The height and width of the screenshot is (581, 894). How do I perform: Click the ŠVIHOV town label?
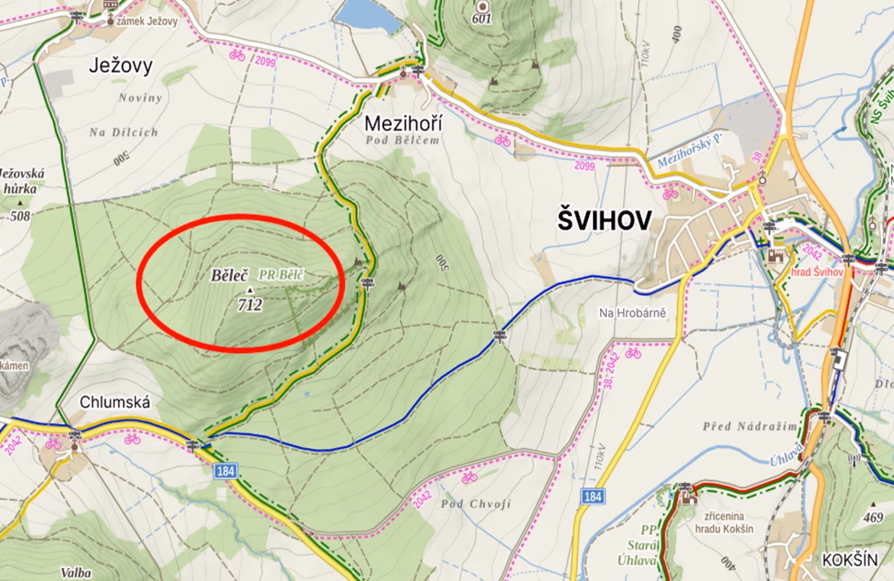(604, 220)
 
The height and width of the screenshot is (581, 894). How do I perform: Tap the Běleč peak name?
(230, 275)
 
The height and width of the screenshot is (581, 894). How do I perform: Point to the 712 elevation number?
(250, 304)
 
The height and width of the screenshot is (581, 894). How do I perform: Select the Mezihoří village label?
(403, 124)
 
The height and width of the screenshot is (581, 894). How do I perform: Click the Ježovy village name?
(120, 66)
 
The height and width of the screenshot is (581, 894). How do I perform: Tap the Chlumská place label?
(115, 402)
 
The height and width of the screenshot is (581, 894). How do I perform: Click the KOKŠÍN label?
(849, 560)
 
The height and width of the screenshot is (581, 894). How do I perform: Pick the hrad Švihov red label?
(816, 272)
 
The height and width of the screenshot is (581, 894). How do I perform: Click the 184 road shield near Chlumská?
(226, 471)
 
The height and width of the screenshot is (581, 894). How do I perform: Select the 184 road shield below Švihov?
(593, 496)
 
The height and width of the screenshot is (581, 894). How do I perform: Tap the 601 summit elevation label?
(481, 18)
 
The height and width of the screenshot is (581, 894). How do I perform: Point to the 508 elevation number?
(20, 216)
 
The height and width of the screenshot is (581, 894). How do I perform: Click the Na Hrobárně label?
(632, 313)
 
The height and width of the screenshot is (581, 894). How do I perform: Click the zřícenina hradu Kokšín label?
(724, 522)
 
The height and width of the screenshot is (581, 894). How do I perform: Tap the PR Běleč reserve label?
(281, 275)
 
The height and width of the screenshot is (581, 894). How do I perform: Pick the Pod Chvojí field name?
(476, 503)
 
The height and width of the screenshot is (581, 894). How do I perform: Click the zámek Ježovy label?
(147, 21)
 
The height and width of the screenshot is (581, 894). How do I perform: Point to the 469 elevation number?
(873, 517)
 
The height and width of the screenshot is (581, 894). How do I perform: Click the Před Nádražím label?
(750, 426)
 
